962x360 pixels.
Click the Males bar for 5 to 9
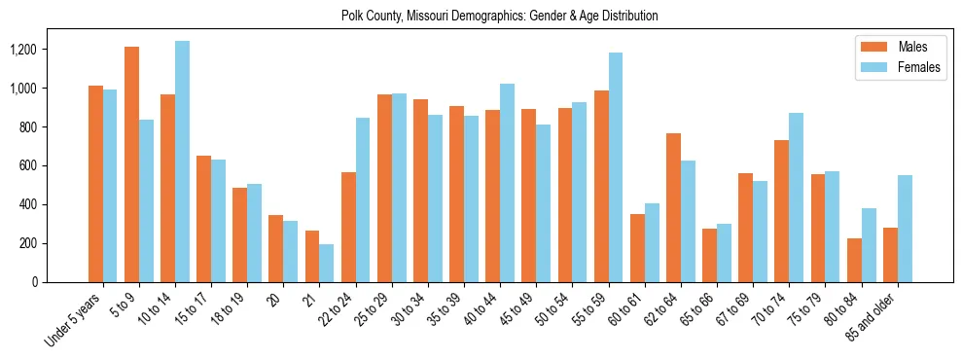[131, 164]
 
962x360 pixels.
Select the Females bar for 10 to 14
[182, 162]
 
